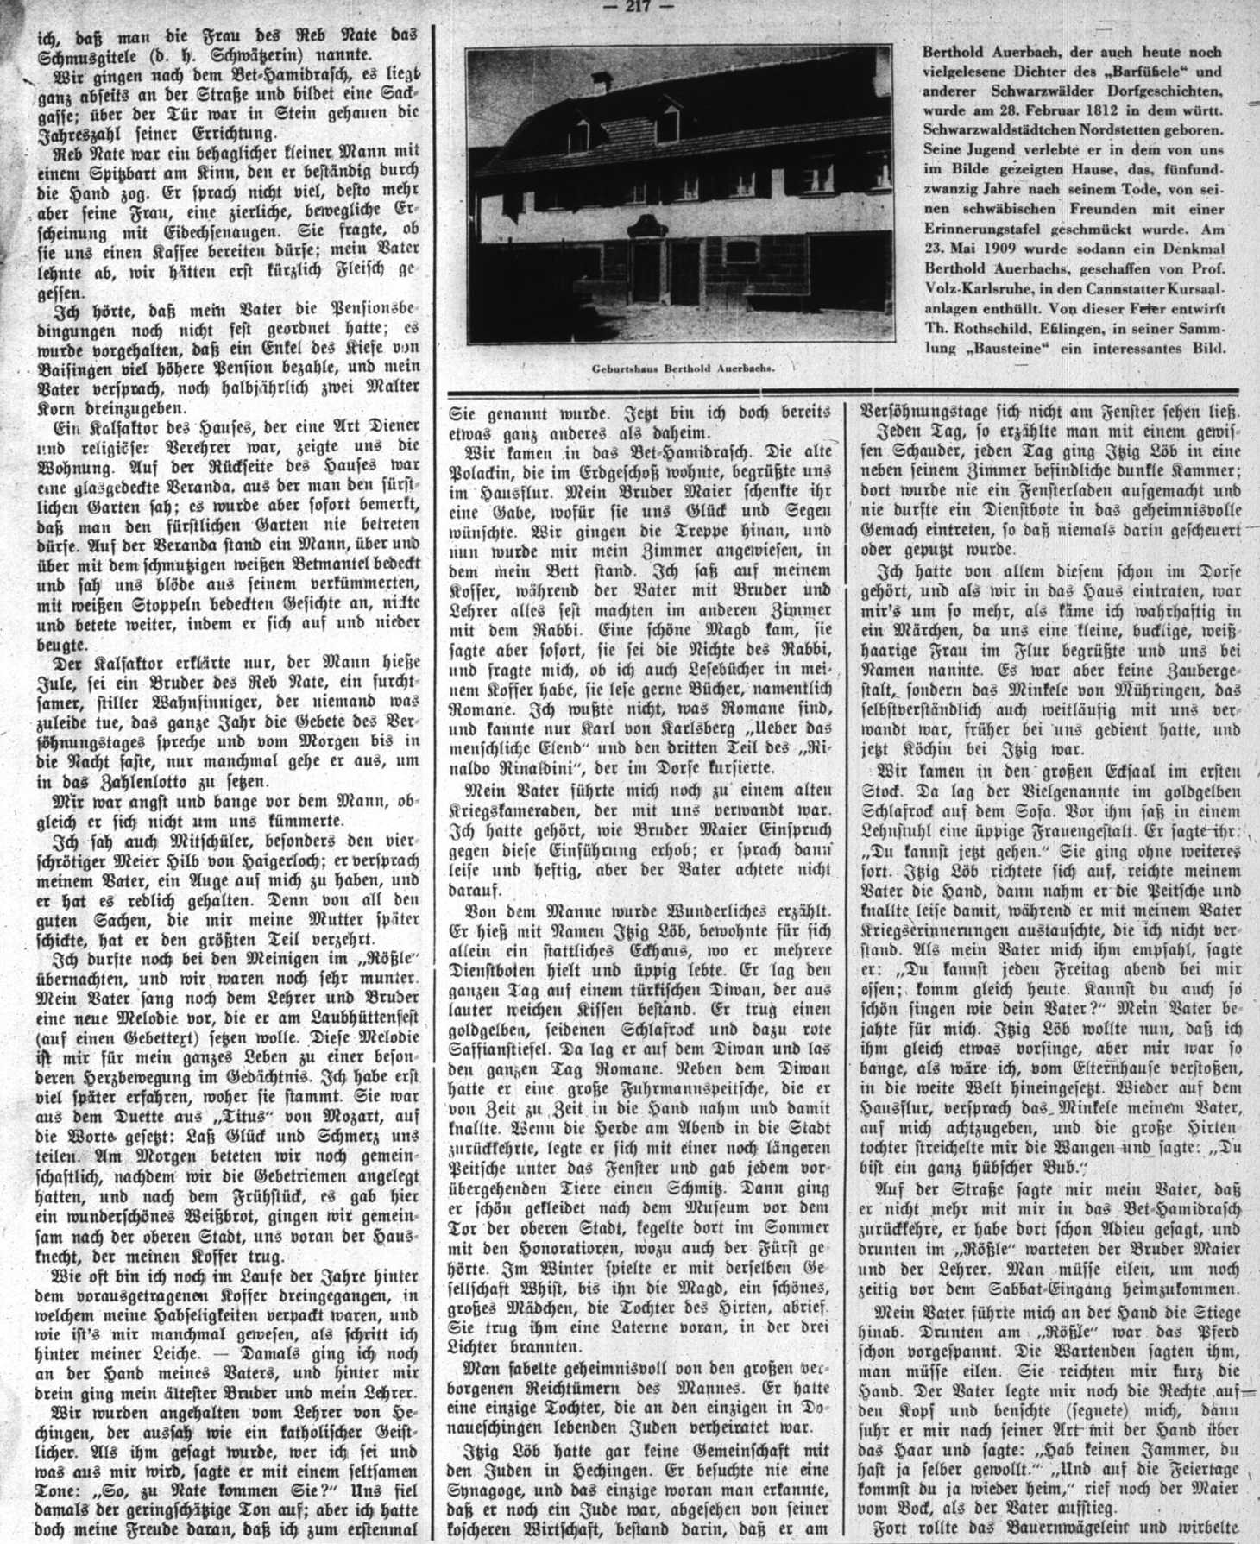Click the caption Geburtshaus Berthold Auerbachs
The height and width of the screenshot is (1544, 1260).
682,368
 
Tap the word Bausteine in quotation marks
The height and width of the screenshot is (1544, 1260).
1006,349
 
